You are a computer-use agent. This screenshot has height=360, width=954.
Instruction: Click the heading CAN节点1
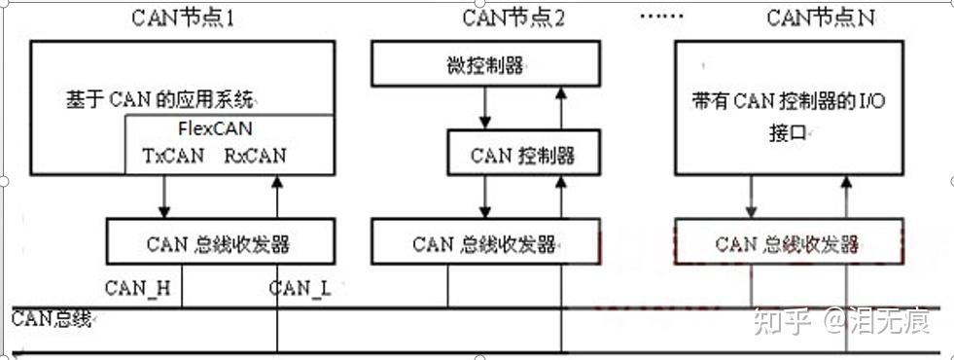coord(182,18)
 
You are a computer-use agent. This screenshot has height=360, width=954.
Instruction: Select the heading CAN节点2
coord(512,18)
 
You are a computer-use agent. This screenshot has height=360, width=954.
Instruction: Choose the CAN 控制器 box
coord(522,155)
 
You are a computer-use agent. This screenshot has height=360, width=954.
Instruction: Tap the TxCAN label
coord(172,155)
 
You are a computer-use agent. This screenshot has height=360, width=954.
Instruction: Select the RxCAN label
coord(256,155)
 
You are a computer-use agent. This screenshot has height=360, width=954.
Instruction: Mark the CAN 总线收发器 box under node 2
coord(482,242)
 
